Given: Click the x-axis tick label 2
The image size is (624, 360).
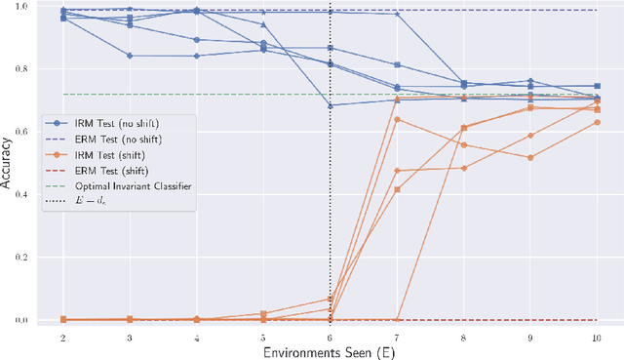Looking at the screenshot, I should click(x=63, y=337).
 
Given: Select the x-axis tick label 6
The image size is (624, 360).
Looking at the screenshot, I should click(x=331, y=337).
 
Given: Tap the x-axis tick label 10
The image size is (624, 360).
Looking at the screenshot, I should click(x=597, y=337).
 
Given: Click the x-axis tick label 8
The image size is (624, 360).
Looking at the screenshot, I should click(x=463, y=337).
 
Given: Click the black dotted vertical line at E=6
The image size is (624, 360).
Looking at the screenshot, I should click(x=331, y=244).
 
